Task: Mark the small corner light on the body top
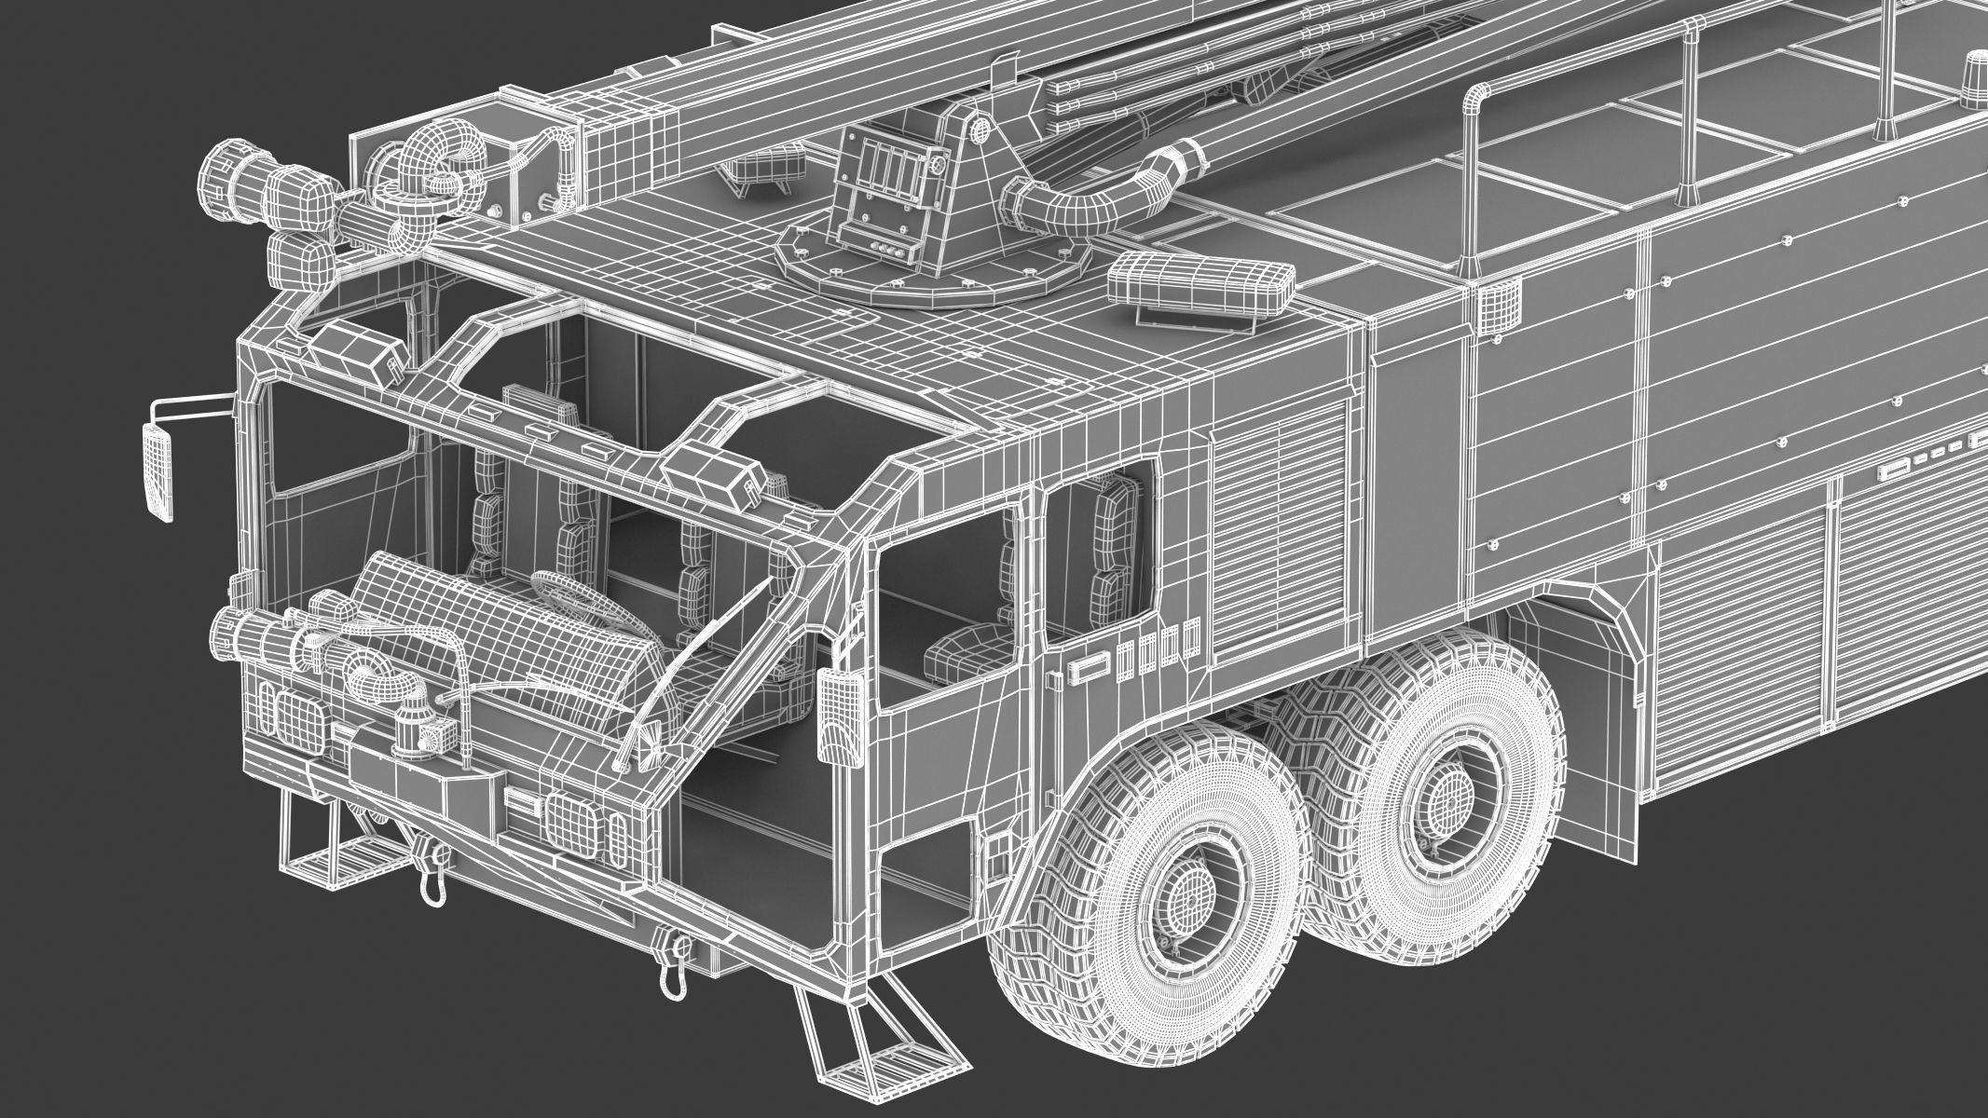1495,304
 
